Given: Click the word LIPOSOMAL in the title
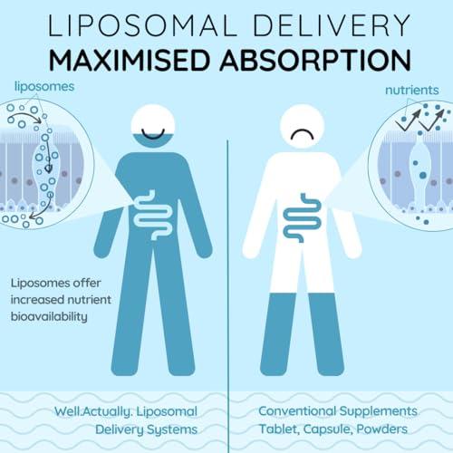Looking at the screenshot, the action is (142, 25).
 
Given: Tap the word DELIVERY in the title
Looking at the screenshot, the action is (332, 25).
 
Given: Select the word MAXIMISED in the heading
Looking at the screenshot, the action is (129, 59).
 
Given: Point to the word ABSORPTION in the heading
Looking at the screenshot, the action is (315, 59).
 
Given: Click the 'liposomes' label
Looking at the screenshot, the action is (44, 87).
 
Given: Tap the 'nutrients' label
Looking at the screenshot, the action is (412, 90).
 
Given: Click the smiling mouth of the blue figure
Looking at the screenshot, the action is (153, 134).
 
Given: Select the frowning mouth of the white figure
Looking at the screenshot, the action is (303, 134).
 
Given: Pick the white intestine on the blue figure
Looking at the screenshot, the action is (152, 215).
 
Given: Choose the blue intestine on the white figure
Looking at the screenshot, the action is (303, 217).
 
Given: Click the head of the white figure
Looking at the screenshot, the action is (303, 126).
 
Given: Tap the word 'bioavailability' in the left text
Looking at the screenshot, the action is (49, 317).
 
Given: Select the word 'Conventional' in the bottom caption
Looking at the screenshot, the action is (297, 411).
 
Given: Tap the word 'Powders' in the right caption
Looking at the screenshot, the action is (381, 429).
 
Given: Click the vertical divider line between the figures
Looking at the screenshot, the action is (227, 296).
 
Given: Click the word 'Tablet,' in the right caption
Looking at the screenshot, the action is (279, 429).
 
